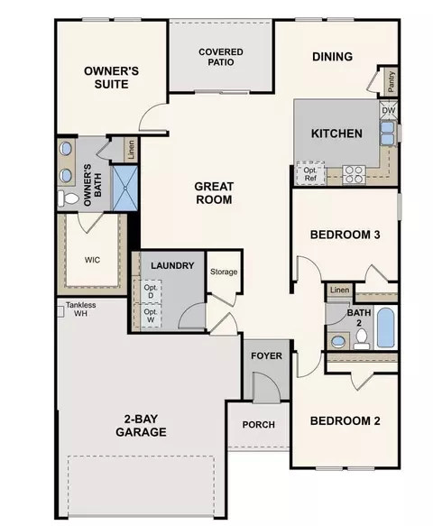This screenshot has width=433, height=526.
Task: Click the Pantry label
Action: point(392,82)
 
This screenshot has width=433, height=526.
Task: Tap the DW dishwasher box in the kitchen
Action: point(389,110)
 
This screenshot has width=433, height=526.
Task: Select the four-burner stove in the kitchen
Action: point(354,174)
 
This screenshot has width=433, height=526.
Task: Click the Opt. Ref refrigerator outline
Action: point(310,174)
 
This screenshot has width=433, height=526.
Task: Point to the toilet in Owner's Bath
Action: point(68,198)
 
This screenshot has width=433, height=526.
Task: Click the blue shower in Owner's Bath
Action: point(124,188)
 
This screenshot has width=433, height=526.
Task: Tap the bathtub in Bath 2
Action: point(386,328)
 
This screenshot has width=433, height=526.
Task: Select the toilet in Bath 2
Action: point(362,338)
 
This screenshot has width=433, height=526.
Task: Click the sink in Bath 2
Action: point(338,342)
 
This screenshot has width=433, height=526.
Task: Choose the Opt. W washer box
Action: point(151,316)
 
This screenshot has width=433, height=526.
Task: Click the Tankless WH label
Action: point(80,309)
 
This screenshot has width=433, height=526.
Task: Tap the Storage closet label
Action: point(224,272)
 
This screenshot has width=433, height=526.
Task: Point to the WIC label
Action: point(92,260)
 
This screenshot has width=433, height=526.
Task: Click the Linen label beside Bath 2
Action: point(339,290)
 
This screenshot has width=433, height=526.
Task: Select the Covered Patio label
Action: point(221,57)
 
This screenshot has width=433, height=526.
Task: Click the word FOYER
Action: point(267,355)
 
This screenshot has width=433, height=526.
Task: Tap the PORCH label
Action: point(259,425)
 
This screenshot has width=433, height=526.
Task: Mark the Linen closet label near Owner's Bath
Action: point(131,150)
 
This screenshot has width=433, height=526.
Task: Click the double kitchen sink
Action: point(387,134)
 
